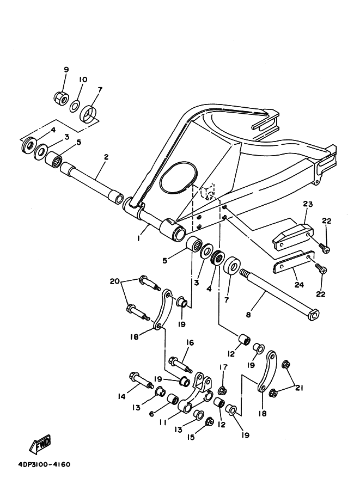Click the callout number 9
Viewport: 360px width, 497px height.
click(66, 70)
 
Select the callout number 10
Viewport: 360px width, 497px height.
click(82, 79)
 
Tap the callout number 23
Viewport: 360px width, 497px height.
click(307, 205)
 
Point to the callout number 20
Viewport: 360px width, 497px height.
click(114, 281)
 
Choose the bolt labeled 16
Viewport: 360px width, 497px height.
click(179, 361)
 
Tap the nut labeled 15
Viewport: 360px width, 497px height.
click(209, 422)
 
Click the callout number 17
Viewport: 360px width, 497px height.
click(222, 367)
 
